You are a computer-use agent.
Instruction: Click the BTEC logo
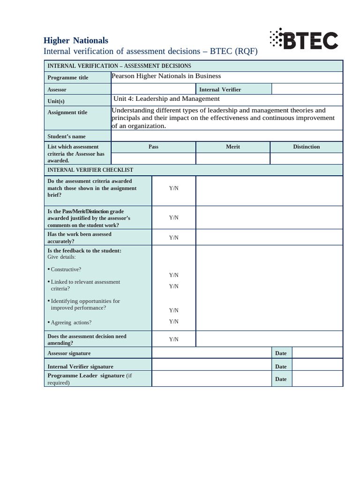[304, 40]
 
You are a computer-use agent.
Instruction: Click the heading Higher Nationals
[75, 41]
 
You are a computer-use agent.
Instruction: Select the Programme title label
[67, 78]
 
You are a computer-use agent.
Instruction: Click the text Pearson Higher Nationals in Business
[166, 76]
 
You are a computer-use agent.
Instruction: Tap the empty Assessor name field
[153, 89]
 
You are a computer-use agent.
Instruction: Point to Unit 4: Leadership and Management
[166, 99]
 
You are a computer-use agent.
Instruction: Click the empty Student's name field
[226, 136]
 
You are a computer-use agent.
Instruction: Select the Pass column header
[153, 147]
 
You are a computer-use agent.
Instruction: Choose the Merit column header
[232, 147]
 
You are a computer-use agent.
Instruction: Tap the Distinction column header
[306, 147]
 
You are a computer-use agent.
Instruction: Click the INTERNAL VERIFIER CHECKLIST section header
[90, 170]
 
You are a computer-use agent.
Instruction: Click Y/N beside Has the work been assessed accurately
[173, 238]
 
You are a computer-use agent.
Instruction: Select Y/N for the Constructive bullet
[173, 275]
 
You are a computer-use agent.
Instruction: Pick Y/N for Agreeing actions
[173, 322]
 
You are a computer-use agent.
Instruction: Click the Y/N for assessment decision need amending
[173, 339]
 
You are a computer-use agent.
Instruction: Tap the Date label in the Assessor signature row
[281, 353]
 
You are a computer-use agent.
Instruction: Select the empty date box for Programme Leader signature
[317, 379]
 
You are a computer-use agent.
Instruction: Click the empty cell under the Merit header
[232, 158]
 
